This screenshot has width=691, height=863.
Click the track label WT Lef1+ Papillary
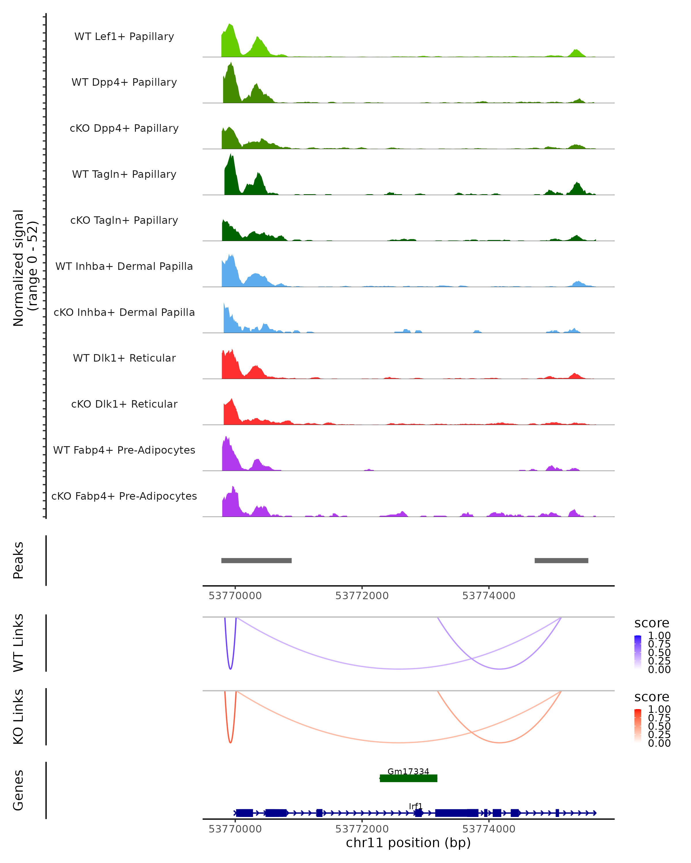tap(124, 37)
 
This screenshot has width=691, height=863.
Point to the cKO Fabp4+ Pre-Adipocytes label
tap(124, 496)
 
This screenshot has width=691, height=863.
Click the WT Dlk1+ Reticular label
tap(124, 358)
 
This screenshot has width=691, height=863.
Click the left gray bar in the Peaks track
tap(256, 560)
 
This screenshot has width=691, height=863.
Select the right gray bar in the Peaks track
tap(561, 560)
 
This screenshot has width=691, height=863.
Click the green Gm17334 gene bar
tap(408, 778)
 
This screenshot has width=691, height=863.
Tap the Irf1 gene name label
tap(415, 806)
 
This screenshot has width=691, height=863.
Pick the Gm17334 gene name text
tap(408, 771)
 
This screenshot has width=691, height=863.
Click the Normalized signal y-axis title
tap(25, 268)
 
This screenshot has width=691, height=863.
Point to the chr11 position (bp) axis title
tap(408, 843)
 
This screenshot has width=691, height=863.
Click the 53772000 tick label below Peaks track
tap(362, 596)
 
